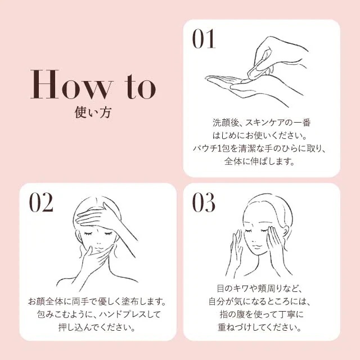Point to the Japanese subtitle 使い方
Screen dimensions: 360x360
coord(93,112)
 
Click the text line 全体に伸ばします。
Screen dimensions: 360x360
coord(262,162)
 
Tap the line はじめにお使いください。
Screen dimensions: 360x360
coord(262,135)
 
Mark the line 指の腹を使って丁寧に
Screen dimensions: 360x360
coord(262,314)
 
